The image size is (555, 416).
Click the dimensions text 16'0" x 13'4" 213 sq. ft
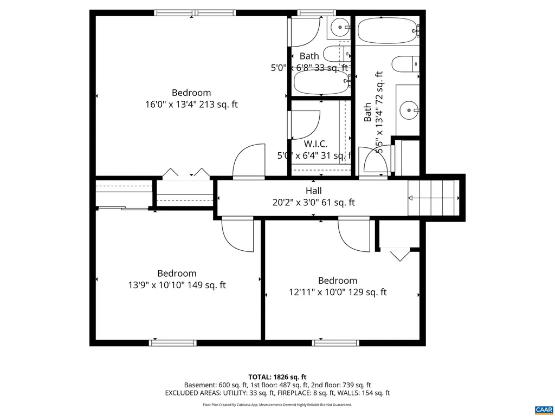(191, 105)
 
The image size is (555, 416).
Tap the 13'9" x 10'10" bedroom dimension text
(177, 285)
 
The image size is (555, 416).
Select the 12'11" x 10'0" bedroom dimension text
(337, 292)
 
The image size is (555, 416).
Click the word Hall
(313, 191)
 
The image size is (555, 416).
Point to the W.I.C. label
(315, 144)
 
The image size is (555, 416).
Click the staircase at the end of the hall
(433, 198)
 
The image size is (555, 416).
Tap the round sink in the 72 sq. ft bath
(409, 111)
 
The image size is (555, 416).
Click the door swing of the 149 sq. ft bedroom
(237, 233)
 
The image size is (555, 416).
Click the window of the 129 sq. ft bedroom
(336, 342)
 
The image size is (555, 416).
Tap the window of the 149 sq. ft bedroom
(173, 342)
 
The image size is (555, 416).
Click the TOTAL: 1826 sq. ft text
(277, 377)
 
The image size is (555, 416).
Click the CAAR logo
(543, 409)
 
